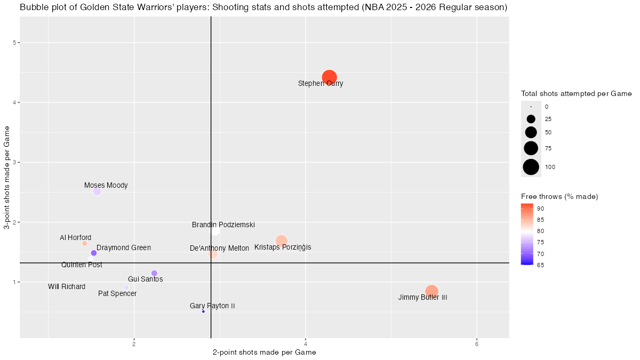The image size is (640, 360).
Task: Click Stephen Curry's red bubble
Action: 329,77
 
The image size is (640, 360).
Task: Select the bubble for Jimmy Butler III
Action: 431,291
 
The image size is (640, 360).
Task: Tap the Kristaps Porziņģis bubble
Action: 282,241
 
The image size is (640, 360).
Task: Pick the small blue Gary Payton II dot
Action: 203,311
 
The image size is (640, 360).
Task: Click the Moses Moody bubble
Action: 97,191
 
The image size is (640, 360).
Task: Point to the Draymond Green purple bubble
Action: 94,253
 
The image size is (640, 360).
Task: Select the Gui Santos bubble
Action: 154,273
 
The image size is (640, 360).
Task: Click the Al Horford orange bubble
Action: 84,243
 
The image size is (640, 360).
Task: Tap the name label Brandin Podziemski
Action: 223,225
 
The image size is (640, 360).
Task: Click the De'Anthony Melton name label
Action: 219,248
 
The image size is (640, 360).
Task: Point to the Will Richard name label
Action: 67,287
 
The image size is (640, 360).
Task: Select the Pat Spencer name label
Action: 117,293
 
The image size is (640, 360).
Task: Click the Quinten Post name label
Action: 82,265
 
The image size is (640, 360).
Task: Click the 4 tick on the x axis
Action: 306,345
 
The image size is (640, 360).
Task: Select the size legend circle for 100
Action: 531,167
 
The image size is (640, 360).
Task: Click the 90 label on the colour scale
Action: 540,208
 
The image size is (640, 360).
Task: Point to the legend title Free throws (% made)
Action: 559,197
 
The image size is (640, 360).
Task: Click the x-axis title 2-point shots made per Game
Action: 265,353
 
